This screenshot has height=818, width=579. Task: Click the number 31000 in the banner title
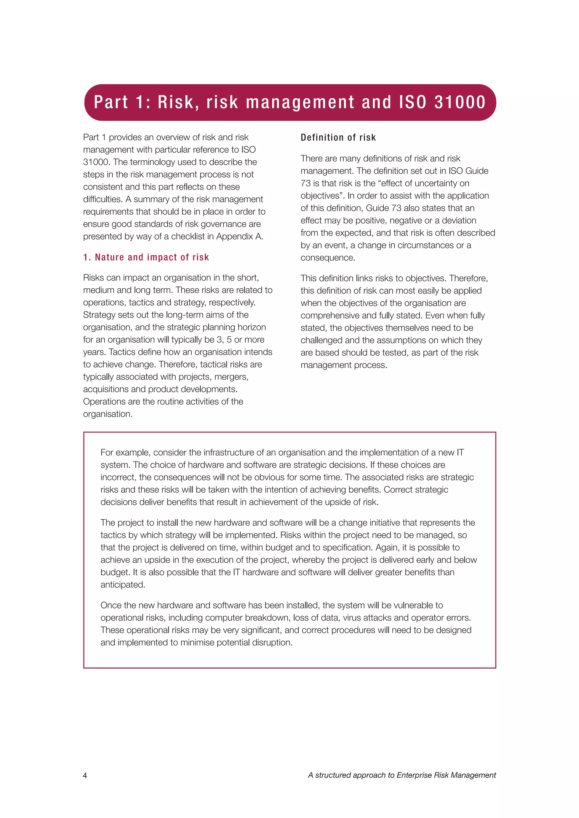point(460,102)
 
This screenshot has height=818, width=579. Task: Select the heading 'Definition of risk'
point(338,138)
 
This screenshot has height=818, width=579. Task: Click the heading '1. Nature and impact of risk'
point(146,257)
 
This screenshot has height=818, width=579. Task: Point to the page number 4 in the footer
point(85,776)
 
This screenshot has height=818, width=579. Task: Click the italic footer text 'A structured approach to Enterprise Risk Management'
point(402,775)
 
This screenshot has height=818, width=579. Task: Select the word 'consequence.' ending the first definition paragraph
point(328,258)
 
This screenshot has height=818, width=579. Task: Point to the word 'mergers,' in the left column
point(234,377)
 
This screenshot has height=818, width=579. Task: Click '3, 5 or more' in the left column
point(240,340)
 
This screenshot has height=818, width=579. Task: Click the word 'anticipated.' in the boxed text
point(123,585)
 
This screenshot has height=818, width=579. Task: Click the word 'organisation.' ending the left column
point(108,414)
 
